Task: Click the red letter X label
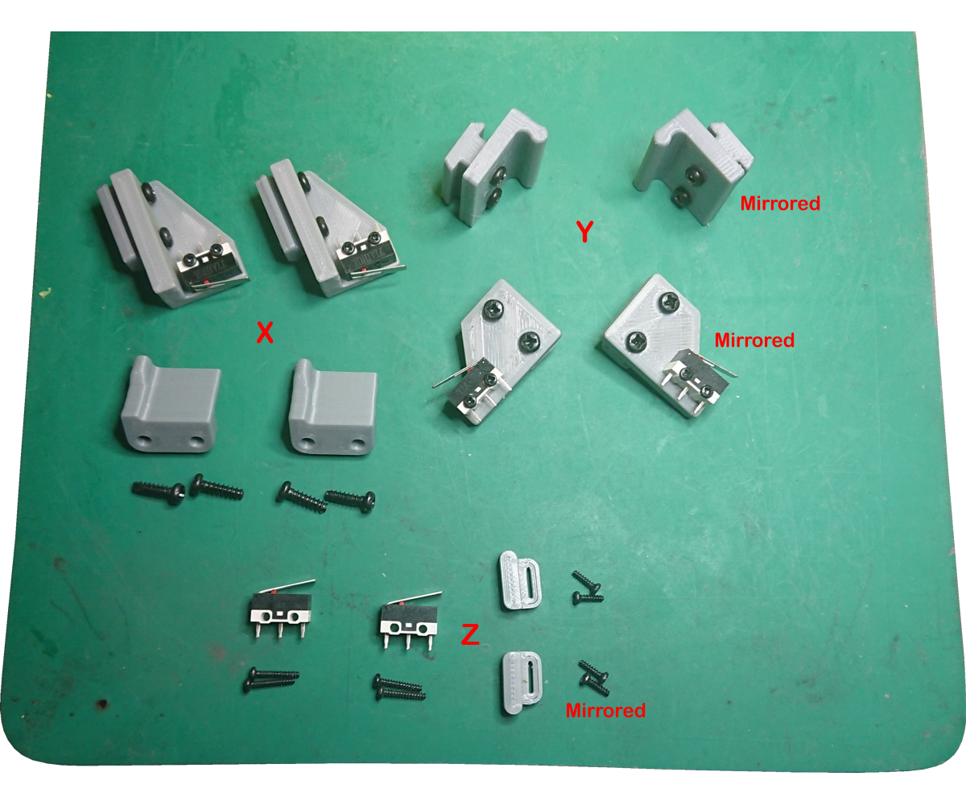click(264, 332)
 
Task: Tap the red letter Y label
click(585, 232)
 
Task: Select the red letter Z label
click(469, 635)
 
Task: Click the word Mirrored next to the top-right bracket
click(780, 204)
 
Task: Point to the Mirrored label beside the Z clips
click(605, 711)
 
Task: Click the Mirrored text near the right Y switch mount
click(754, 341)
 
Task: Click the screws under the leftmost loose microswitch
click(270, 679)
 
